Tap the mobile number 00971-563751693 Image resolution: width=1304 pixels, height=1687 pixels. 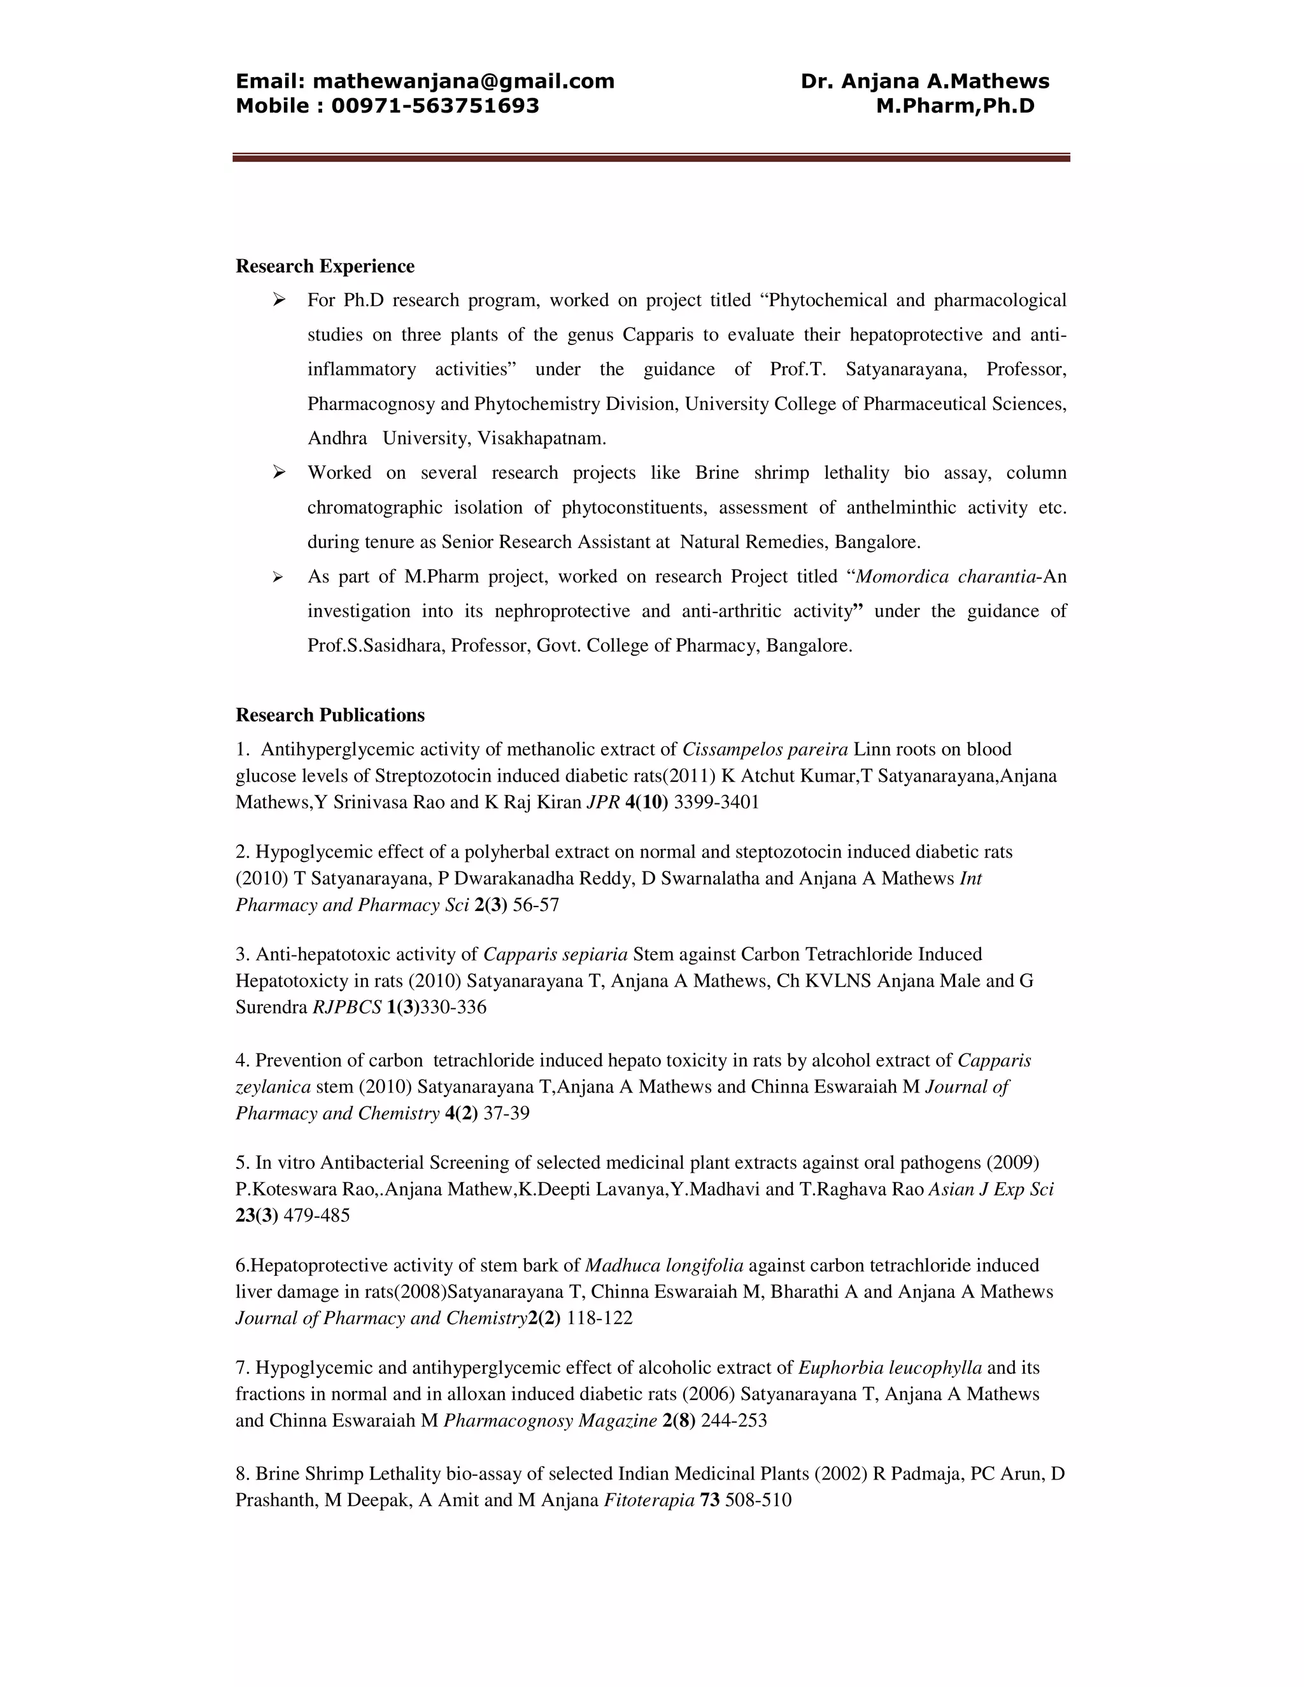pos(435,106)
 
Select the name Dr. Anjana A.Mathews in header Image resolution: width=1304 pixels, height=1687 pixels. pos(925,81)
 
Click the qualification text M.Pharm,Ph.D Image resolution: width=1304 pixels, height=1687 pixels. pos(955,106)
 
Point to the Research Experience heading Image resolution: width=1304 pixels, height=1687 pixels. pos(325,267)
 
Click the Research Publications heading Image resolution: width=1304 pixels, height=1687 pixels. pos(330,716)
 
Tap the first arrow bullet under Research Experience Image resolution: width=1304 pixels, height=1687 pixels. pos(279,300)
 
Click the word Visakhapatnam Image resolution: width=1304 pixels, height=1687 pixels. pos(542,439)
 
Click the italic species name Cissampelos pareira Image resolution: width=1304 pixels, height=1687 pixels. pos(765,749)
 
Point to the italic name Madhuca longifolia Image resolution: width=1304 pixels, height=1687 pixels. pos(663,1266)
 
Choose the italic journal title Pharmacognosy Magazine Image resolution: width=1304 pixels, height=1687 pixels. pos(550,1420)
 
